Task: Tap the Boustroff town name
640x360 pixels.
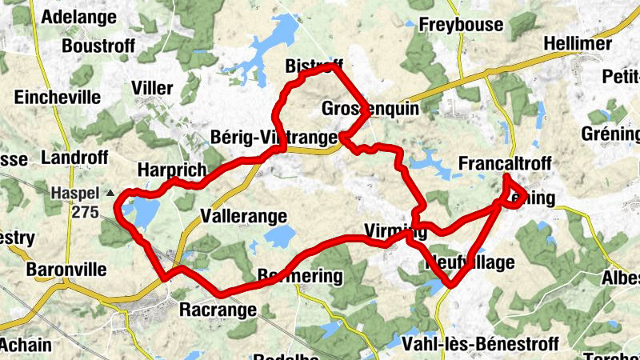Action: coord(98,46)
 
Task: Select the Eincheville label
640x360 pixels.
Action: coord(58,98)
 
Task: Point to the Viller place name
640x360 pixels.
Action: coord(152,86)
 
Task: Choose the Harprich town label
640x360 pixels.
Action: coord(171,170)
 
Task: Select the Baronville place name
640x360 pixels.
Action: coord(66,270)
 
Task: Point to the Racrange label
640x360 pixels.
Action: coord(218,310)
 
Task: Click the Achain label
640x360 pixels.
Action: coord(26,345)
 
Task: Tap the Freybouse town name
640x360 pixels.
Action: coord(461,25)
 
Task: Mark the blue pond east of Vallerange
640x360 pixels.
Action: coord(281,235)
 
